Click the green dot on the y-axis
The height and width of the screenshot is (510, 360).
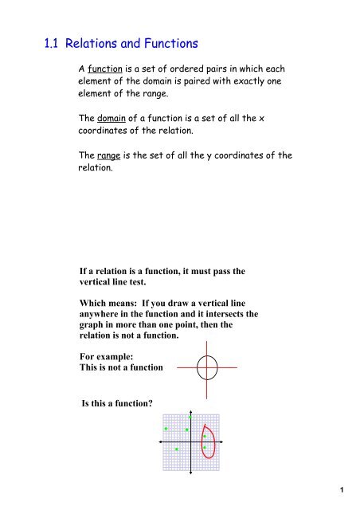pos(191,418)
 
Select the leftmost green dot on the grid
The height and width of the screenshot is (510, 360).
pos(166,430)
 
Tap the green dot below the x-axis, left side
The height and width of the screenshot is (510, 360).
pos(176,449)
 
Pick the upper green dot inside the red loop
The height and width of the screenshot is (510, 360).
pos(205,436)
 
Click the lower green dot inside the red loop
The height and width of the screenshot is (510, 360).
pos(205,448)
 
